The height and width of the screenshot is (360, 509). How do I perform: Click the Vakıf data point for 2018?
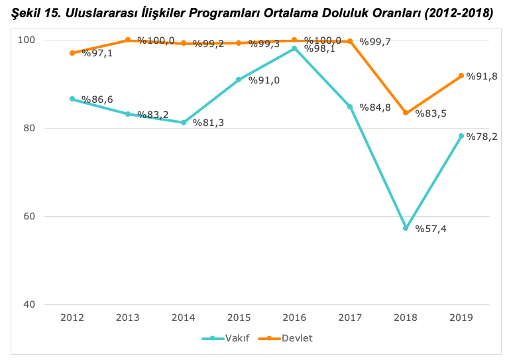[x=406, y=228]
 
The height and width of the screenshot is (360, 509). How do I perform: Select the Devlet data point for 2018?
[x=406, y=113]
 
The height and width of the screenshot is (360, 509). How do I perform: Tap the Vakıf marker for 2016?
[x=294, y=48]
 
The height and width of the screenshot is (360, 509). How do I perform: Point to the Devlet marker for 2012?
[x=72, y=53]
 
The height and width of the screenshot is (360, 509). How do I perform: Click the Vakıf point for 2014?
[x=184, y=123]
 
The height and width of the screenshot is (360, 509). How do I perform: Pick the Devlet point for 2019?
[x=461, y=76]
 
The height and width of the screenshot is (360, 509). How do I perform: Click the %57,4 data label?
[x=431, y=229]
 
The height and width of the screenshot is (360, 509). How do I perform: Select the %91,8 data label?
[x=482, y=76]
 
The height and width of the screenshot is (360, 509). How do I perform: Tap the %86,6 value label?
[x=97, y=99]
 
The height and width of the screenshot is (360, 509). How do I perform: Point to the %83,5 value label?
[x=431, y=113]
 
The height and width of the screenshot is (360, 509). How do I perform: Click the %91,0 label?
[x=264, y=80]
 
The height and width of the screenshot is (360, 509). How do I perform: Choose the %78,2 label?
[x=482, y=137]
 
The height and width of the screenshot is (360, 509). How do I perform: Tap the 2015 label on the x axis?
[x=239, y=318]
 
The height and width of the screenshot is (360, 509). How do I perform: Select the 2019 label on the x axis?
[x=461, y=318]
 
